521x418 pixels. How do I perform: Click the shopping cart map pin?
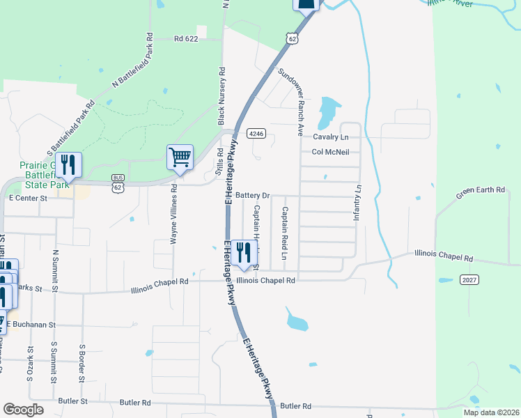point(180,157)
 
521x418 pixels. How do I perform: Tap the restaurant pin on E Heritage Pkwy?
point(242,251)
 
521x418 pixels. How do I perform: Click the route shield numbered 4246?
point(254,133)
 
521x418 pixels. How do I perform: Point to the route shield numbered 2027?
point(469,279)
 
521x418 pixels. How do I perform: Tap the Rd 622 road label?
point(187,40)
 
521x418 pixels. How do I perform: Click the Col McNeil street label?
point(330,152)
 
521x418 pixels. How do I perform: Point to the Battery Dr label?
point(252,195)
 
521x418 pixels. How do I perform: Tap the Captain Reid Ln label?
point(284,233)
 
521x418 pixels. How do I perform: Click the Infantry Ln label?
point(359,203)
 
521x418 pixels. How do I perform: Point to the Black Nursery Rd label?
point(222,96)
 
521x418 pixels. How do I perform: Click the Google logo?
point(23,410)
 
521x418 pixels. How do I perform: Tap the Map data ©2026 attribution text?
point(490,412)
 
